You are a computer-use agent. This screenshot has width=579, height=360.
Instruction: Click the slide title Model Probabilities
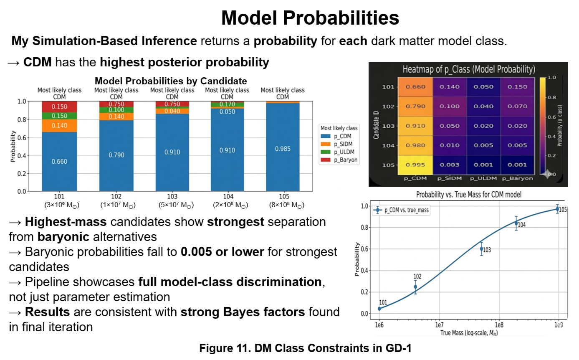click(x=310, y=18)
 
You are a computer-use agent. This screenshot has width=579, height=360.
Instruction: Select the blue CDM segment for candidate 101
click(x=59, y=162)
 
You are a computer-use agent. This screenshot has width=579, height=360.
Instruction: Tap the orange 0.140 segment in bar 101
click(x=59, y=126)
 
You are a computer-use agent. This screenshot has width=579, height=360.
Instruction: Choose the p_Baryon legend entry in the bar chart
click(x=339, y=160)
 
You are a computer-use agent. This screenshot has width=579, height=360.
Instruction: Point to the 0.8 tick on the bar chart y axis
click(x=22, y=119)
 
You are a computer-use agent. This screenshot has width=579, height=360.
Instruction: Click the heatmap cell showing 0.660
click(x=415, y=87)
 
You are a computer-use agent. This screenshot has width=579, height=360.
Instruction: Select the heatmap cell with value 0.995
click(x=415, y=165)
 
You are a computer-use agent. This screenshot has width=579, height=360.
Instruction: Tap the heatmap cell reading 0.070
click(x=517, y=106)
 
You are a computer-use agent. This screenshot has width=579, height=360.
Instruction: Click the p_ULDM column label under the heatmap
click(x=483, y=178)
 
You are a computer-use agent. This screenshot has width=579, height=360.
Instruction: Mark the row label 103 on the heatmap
click(x=388, y=126)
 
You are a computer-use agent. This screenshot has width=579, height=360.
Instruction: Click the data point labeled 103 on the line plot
click(x=482, y=249)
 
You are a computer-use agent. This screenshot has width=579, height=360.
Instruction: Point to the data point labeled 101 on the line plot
click(x=379, y=309)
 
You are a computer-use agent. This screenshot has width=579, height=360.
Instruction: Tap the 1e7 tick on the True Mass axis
click(x=439, y=325)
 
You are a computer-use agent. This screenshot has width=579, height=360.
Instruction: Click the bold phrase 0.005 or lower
click(x=222, y=252)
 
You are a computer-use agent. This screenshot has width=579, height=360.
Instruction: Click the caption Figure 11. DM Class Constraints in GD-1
click(x=305, y=348)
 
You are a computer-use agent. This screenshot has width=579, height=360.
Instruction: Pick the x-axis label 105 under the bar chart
click(x=284, y=197)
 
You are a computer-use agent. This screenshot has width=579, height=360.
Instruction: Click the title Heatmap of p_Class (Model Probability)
click(x=469, y=69)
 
